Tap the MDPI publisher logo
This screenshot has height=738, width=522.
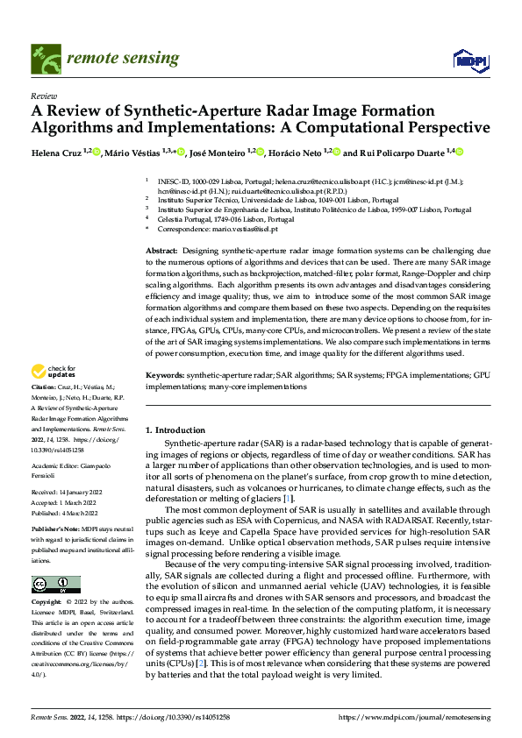click(x=471, y=60)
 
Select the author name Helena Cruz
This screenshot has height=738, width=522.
click(x=58, y=153)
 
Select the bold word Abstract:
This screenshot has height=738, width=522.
click(x=163, y=251)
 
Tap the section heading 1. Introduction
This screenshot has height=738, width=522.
click(x=175, y=430)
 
